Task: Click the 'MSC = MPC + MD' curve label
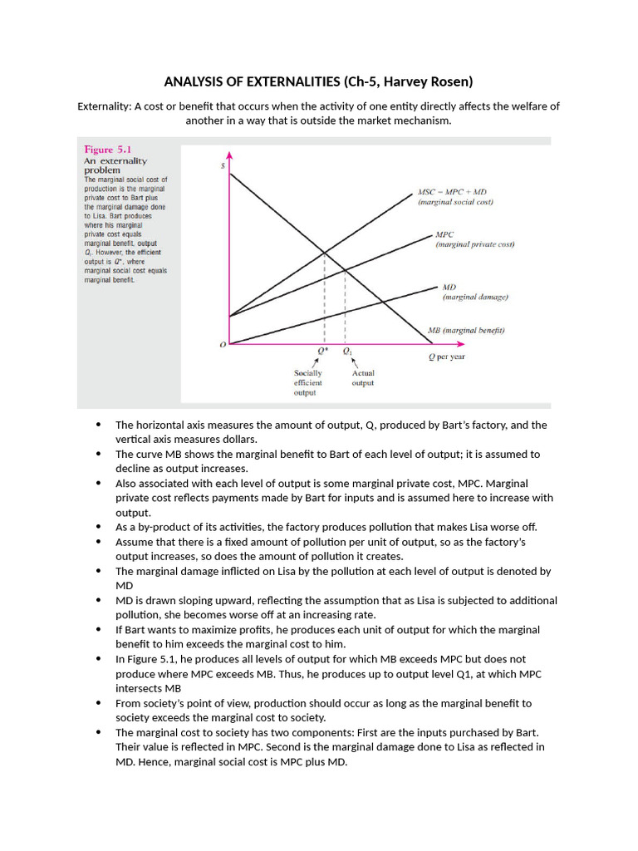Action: coord(453,192)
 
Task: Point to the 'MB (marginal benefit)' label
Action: coord(465,330)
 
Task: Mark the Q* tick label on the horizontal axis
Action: coord(323,351)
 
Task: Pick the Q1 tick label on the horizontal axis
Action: coord(347,351)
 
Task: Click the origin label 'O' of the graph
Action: coord(222,346)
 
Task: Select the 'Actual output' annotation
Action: coord(363,378)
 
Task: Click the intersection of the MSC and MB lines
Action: coord(323,253)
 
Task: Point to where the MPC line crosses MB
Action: coord(345,270)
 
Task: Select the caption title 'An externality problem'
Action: coord(115,165)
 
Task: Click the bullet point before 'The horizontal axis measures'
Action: coord(100,425)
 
